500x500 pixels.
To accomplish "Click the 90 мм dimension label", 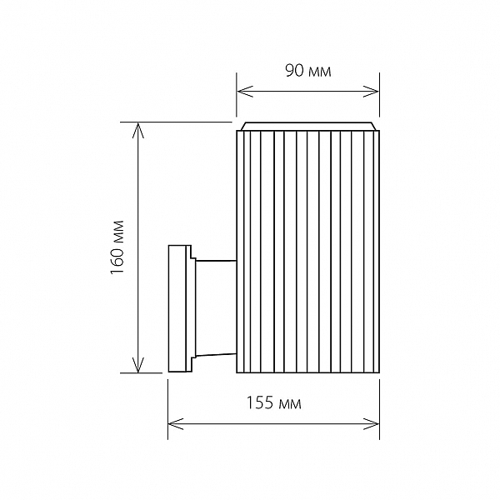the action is [x=308, y=71].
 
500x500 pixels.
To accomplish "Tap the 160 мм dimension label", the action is [x=117, y=247].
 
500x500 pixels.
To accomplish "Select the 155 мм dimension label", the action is [x=274, y=402].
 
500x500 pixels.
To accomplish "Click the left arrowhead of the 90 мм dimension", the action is [x=245, y=92].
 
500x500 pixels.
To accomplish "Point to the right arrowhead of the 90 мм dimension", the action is [x=371, y=92].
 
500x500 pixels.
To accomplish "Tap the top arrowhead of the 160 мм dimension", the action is [x=137, y=131].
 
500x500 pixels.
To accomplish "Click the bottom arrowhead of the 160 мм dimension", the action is [x=137, y=365].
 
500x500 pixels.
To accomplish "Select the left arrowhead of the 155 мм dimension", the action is [x=176, y=424].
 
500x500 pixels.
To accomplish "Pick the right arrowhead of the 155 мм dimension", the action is [x=371, y=424].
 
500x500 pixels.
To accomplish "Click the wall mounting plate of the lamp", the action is [x=177, y=308].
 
